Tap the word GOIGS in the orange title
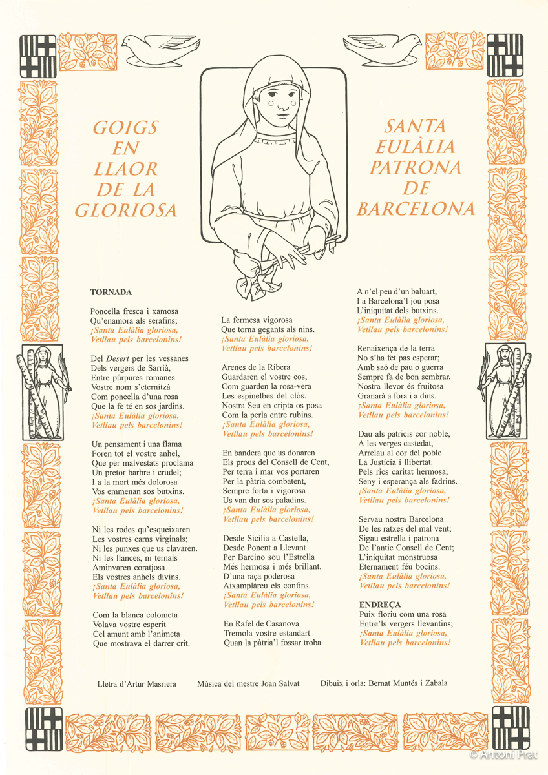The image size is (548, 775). (125, 127)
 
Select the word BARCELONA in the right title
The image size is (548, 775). (416, 209)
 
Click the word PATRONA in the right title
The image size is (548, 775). (416, 168)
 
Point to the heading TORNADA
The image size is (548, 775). (111, 292)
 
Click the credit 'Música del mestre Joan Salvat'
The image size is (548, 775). (248, 683)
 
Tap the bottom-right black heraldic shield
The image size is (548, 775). (509, 725)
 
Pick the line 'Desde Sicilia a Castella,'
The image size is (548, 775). (266, 538)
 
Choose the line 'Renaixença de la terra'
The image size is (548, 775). (395, 349)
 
